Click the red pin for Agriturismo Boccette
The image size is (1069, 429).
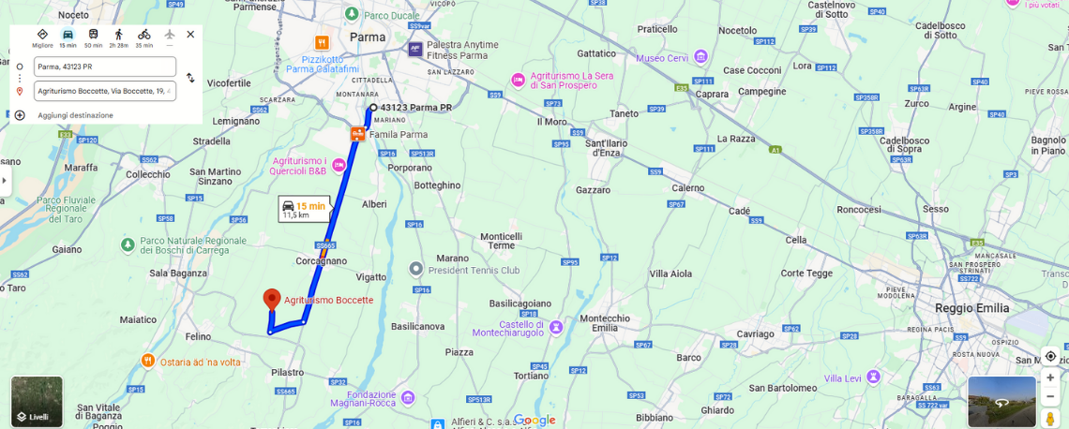[272, 299]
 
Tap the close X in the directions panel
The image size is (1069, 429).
[190, 35]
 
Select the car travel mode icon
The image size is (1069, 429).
[68, 35]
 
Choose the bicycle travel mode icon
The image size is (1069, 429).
[143, 35]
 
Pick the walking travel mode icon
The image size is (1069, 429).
[118, 35]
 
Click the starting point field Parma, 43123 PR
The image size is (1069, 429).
[104, 67]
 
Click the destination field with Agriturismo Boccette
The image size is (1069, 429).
[104, 91]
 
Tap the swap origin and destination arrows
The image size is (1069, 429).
[190, 79]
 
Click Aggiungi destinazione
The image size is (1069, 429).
[75, 115]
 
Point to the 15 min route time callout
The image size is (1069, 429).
[305, 209]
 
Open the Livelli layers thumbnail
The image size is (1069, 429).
[38, 401]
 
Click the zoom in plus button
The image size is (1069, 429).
[1050, 377]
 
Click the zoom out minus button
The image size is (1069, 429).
[1050, 396]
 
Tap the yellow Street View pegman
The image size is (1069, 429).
[1050, 417]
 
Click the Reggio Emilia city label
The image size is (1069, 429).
[971, 308]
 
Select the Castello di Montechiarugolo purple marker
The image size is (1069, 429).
[557, 327]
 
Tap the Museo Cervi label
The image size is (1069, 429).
[662, 58]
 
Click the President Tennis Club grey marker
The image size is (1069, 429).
[416, 270]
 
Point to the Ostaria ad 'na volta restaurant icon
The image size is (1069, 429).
[147, 361]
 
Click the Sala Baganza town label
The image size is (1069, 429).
[177, 273]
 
